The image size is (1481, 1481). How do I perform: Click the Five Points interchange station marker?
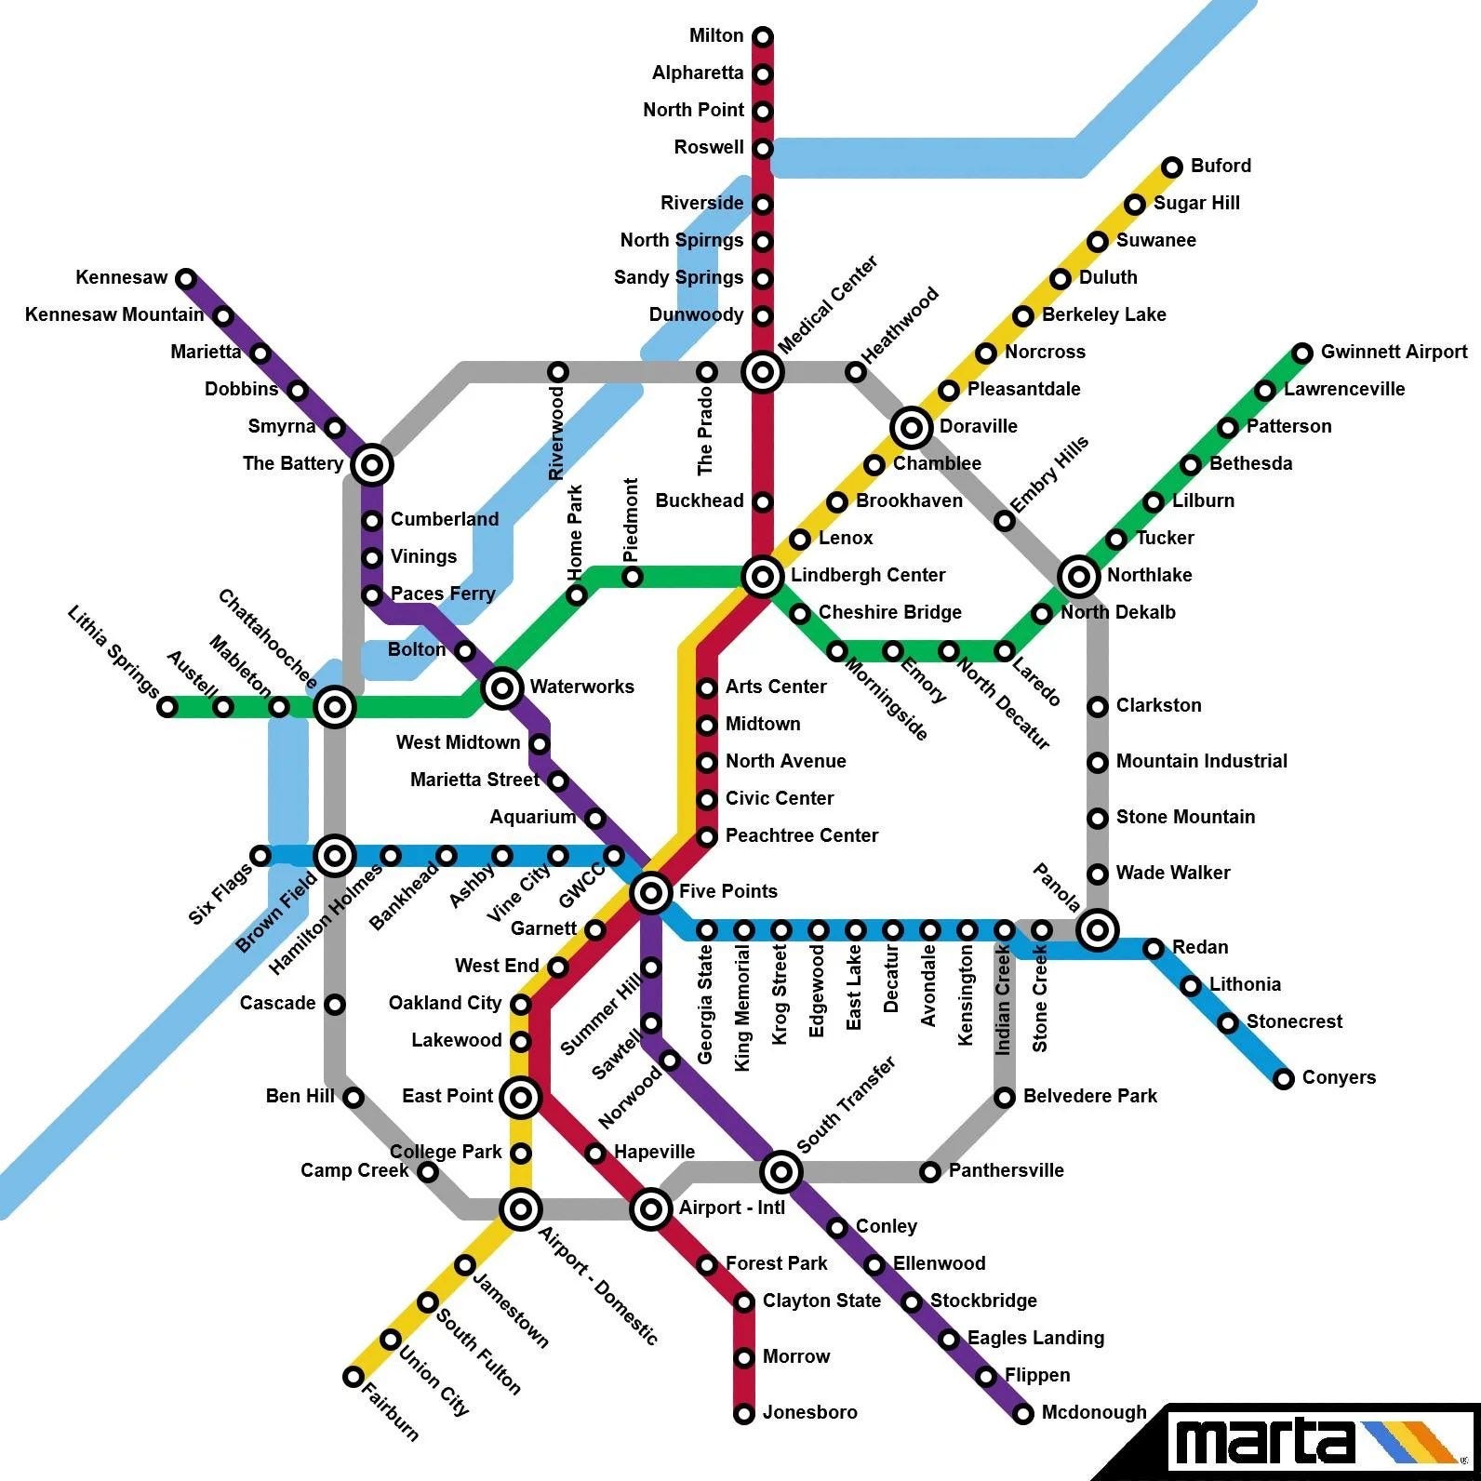[x=651, y=893]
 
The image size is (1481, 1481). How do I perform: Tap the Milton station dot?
[x=763, y=37]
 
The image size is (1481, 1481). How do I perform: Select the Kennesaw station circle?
[x=186, y=278]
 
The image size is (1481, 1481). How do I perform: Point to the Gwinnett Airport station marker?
[x=1302, y=353]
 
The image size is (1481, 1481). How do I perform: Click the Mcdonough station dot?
[x=1023, y=1414]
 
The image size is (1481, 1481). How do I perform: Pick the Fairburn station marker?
[x=354, y=1377]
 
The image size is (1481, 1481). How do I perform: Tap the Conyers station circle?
[x=1284, y=1079]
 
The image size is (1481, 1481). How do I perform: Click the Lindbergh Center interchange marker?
[x=763, y=577]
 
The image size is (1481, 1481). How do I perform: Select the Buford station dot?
[x=1172, y=167]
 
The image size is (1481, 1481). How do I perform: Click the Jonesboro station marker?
[x=744, y=1414]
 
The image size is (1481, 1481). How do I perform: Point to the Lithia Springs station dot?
[x=167, y=707]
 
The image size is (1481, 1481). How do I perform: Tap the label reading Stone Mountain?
[x=1185, y=817]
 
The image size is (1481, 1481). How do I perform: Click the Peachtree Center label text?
[x=801, y=835]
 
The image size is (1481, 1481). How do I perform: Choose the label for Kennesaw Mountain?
[x=114, y=314]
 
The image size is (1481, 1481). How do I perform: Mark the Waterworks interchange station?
[x=502, y=688]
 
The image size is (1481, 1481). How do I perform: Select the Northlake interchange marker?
[x=1079, y=577]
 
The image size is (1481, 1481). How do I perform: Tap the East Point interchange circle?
[x=521, y=1098]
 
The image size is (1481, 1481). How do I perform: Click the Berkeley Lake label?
[x=1103, y=314]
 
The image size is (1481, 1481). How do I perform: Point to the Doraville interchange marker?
[x=912, y=428]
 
